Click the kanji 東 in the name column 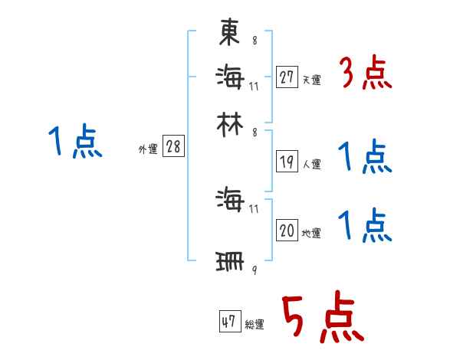coord(230,33)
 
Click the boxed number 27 coord(287,77)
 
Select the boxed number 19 coord(287,161)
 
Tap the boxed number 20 coord(287,231)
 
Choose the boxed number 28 coord(173,147)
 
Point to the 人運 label coord(311,163)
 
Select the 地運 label coord(311,233)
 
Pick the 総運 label coord(255,324)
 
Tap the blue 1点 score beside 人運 coord(365,157)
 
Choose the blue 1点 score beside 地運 coord(365,226)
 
